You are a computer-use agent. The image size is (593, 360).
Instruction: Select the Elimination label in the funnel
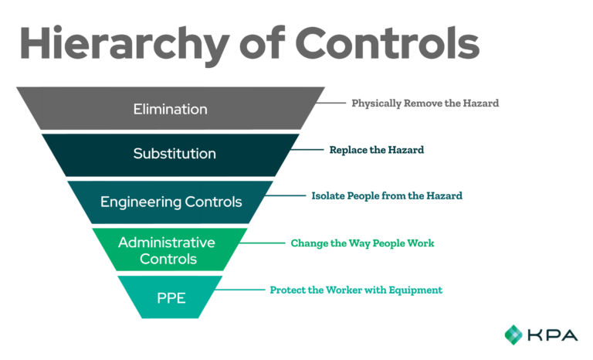(170, 109)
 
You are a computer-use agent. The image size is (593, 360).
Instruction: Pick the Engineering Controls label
(171, 202)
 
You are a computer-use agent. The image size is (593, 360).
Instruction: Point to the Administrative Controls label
(167, 250)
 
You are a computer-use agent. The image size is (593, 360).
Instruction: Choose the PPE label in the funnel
(170, 297)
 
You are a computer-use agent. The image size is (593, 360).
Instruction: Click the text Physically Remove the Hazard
(424, 103)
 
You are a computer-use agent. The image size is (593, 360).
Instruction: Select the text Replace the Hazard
(376, 150)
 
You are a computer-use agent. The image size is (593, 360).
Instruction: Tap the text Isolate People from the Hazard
(386, 196)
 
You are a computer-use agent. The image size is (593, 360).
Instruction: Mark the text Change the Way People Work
(362, 243)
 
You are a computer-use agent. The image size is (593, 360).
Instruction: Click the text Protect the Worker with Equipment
(355, 290)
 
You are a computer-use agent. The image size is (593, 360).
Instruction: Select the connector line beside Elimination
(335, 103)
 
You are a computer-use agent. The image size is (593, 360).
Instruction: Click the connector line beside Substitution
(312, 150)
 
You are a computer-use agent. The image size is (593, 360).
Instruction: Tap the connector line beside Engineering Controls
(290, 196)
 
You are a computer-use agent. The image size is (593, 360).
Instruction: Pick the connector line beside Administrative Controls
(267, 243)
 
